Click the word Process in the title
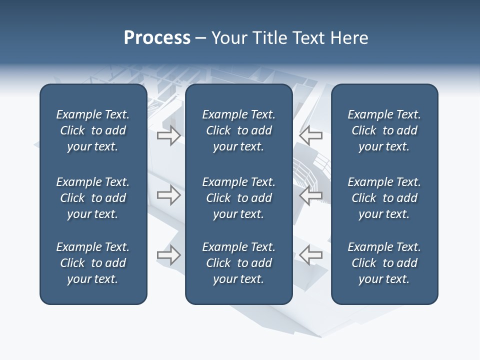pos(157,38)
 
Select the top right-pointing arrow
pos(168,135)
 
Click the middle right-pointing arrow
pos(168,195)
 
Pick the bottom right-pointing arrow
pos(168,255)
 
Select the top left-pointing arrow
pos(311,135)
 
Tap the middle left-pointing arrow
pos(311,195)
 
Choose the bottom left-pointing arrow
pos(311,255)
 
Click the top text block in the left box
pos(93,130)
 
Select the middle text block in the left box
pos(93,198)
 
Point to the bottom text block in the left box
pos(93,263)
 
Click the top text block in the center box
pos(238,130)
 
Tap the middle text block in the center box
pos(238,198)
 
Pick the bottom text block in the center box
pos(238,263)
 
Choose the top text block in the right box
pos(384,130)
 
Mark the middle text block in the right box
pos(384,198)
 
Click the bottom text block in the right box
pos(384,263)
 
